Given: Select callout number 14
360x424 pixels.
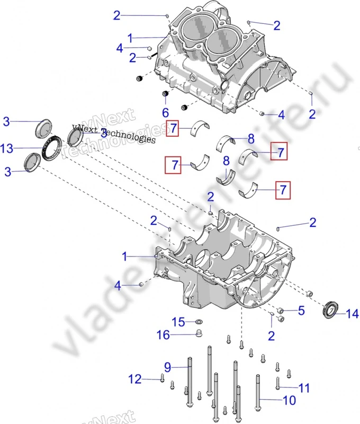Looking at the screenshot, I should click(353, 314).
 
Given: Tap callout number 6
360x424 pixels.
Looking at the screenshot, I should click(165, 112).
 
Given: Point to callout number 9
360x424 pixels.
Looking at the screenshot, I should click(167, 366).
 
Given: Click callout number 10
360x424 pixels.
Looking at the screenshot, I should click(290, 400).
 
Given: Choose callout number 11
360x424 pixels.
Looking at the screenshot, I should click(303, 388).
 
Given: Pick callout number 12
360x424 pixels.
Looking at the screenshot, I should click(136, 379).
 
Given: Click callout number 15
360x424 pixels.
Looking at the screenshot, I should click(178, 322).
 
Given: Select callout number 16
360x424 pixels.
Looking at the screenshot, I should click(163, 334).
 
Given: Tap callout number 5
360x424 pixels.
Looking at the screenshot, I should click(301, 311).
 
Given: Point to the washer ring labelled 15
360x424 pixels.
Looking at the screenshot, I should click(199, 322).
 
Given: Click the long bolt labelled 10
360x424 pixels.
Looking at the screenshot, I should click(258, 395).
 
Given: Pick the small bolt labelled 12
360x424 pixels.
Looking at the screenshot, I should click(161, 378).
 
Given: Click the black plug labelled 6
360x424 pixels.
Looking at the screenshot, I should click(165, 95).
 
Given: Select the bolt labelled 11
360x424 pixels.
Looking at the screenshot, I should click(277, 384).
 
